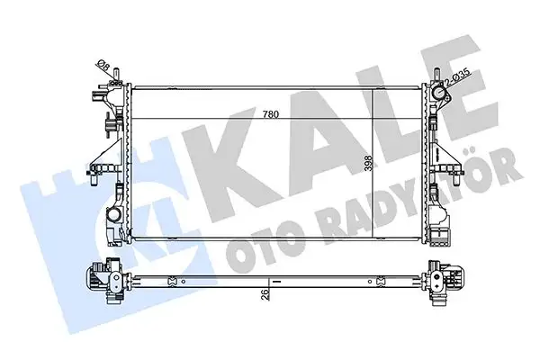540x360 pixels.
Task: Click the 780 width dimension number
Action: (x=270, y=114)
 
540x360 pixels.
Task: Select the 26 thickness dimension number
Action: (x=265, y=294)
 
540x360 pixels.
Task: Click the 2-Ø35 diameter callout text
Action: (x=458, y=76)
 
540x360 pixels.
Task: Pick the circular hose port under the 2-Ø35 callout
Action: (x=439, y=93)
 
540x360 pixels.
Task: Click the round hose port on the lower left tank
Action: (x=112, y=214)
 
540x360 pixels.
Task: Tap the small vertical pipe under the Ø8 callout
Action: (x=116, y=75)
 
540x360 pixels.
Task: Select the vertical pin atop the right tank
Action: (x=436, y=75)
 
